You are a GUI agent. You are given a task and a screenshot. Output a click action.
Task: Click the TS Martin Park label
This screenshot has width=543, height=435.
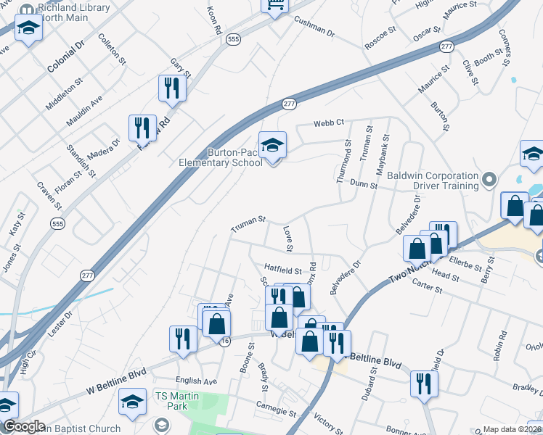point(171,401)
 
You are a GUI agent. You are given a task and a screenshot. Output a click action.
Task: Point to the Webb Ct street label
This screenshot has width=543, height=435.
point(328,123)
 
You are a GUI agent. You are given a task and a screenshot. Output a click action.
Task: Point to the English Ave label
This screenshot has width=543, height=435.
point(196,381)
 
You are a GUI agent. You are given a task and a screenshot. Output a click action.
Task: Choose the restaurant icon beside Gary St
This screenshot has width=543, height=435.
point(172,88)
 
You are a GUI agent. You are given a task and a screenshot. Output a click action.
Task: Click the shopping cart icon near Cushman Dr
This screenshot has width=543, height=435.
point(275,4)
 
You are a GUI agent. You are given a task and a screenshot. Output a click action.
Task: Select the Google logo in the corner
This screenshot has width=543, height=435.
point(24,426)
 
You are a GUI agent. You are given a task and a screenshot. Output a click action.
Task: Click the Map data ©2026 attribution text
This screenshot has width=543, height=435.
point(513,429)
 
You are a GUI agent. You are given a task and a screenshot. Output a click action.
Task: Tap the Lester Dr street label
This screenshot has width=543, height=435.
point(60,324)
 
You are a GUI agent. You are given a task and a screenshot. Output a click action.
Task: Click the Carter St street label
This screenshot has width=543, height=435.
point(428,288)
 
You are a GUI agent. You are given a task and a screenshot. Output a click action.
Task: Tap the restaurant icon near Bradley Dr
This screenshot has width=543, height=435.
point(423,384)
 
